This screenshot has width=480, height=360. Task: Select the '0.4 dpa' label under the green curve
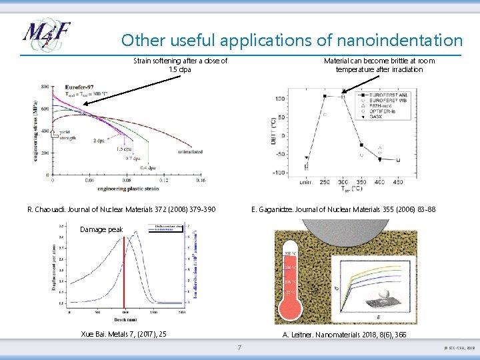point(149,167)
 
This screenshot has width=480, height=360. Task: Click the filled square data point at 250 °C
point(325,96)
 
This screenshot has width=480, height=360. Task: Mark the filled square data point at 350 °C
point(361,145)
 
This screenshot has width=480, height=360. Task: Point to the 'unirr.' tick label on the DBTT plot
point(305,182)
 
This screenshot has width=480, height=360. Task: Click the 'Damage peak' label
point(101,229)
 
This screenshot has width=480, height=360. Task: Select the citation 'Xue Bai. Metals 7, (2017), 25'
point(123,333)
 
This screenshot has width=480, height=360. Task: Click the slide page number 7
point(240,348)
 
